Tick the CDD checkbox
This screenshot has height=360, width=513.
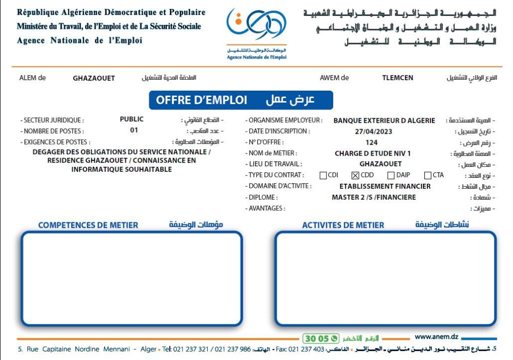click(x=356, y=175)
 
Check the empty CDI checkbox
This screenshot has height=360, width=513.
click(x=323, y=175)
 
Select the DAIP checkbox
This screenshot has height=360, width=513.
click(x=391, y=175)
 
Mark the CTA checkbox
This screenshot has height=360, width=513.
click(x=428, y=175)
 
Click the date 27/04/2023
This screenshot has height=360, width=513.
click(x=373, y=132)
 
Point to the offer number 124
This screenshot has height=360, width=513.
click(x=372, y=143)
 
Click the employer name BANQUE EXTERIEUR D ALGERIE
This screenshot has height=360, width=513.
click(x=384, y=121)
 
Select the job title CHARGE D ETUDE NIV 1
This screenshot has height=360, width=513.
click(x=372, y=154)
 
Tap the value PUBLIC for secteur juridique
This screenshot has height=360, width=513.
click(x=132, y=119)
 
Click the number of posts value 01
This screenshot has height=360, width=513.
click(x=134, y=130)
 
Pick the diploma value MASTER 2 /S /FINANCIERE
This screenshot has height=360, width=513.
click(x=374, y=197)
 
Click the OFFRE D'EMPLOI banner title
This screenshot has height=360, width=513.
click(x=201, y=100)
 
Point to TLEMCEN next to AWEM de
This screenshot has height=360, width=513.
click(x=398, y=78)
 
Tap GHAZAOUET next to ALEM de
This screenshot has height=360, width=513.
click(x=94, y=79)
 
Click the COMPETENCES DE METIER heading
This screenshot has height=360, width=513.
click(x=88, y=225)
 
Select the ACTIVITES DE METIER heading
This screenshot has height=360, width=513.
click(x=343, y=225)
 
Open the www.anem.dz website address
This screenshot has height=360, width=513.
click(x=436, y=337)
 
